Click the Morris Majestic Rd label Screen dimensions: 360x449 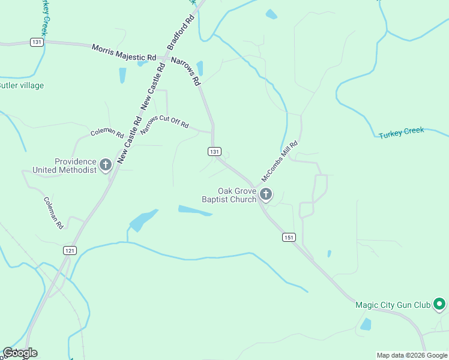click(x=124, y=52)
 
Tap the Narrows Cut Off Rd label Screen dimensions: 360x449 click(x=165, y=122)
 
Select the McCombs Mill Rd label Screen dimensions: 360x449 click(x=279, y=162)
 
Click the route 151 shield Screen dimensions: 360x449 click(x=289, y=238)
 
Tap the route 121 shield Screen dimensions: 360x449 click(x=70, y=250)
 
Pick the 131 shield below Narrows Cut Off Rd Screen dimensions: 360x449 click(x=215, y=152)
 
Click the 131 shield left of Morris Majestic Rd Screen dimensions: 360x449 click(x=37, y=42)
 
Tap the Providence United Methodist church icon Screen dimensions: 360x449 click(x=106, y=164)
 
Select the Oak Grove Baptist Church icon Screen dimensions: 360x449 click(x=266, y=194)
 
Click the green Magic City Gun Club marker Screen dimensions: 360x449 click(x=439, y=305)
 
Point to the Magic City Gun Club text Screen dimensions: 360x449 click(x=393, y=305)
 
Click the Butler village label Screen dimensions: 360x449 click(x=22, y=86)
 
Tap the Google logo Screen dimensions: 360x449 click(x=20, y=353)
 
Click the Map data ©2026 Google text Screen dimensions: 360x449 click(x=411, y=355)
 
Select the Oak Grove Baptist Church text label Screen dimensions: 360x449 click(x=229, y=195)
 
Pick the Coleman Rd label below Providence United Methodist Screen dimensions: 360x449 click(x=53, y=213)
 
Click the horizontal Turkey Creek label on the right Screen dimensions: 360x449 click(x=401, y=133)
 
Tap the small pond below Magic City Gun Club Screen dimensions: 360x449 click(x=365, y=325)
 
